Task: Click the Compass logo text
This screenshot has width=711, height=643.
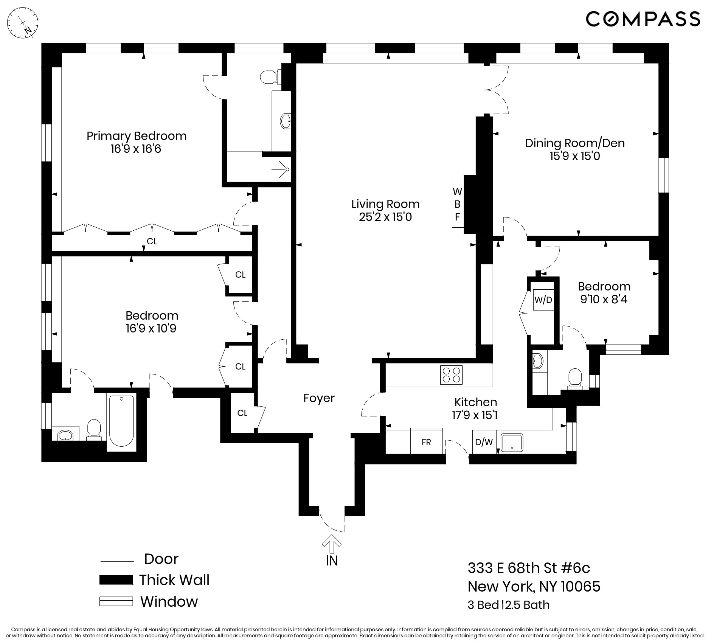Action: (x=643, y=19)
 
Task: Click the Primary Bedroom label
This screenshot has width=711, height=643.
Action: (x=137, y=136)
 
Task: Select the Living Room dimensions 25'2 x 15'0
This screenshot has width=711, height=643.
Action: (x=385, y=217)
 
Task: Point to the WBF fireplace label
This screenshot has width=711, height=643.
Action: (x=457, y=204)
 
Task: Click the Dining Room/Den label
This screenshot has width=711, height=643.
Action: (x=574, y=143)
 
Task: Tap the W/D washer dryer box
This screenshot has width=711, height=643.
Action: (x=543, y=300)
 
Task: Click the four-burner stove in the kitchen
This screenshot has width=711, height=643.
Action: (x=452, y=375)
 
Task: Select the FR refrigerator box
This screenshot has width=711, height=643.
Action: (x=426, y=441)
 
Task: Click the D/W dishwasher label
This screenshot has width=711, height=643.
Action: (x=484, y=442)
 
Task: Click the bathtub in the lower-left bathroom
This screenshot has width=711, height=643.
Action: (x=121, y=421)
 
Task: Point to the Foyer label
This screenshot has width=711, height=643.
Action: (x=319, y=398)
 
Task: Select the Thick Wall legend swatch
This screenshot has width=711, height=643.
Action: (x=116, y=580)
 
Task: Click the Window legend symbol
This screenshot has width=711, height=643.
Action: (x=116, y=601)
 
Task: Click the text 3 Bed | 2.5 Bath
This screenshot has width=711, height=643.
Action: (x=508, y=605)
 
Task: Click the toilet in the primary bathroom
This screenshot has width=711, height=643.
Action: (x=269, y=77)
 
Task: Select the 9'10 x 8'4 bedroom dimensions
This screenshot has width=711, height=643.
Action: (x=604, y=300)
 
